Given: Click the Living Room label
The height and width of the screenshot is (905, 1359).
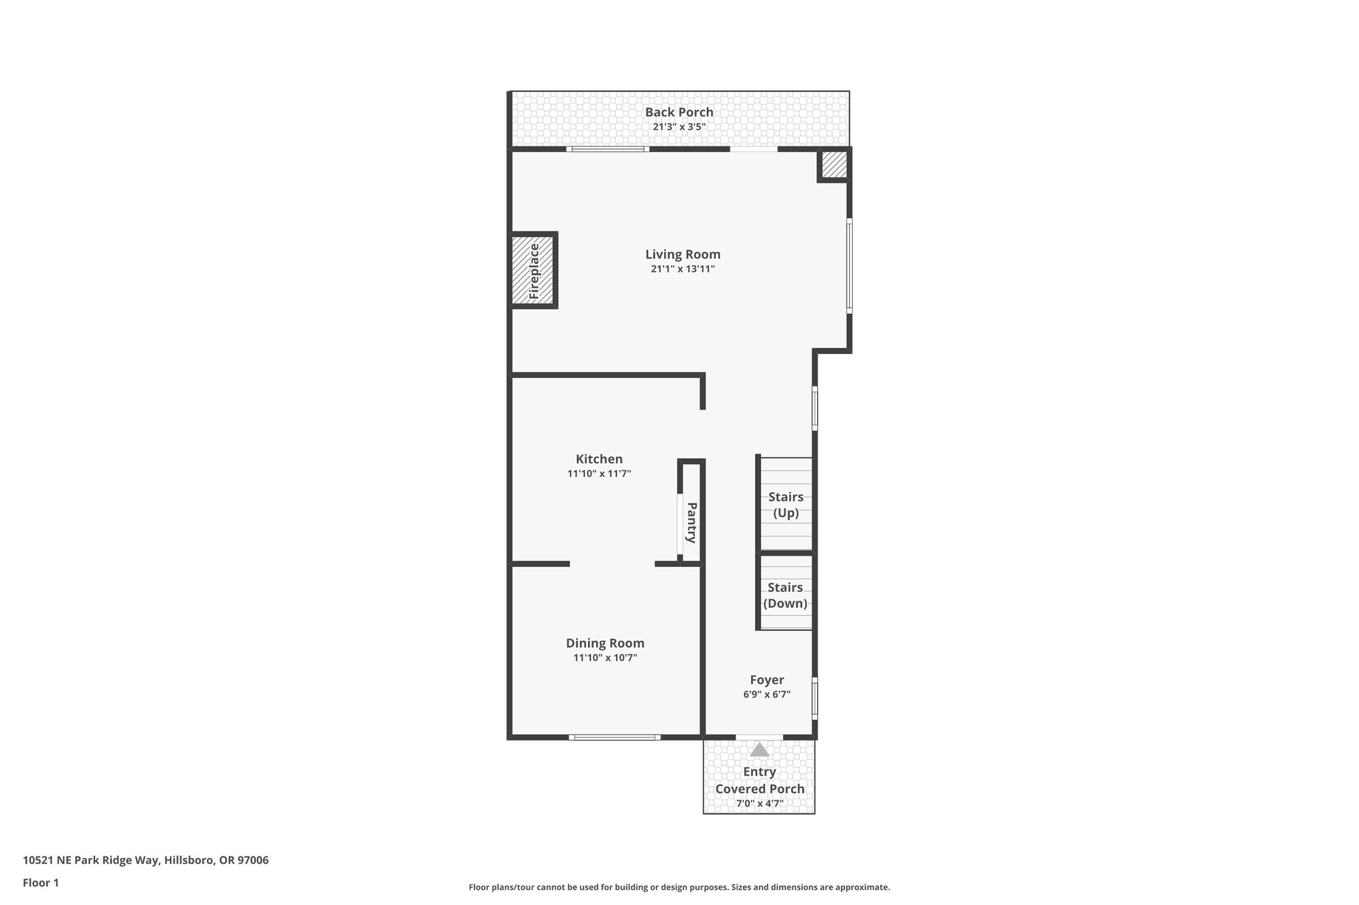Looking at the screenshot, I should point(683,255).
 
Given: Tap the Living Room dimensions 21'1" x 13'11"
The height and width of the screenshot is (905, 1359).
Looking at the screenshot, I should point(683,269).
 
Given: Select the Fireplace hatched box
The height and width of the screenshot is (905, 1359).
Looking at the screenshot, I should point(534,271).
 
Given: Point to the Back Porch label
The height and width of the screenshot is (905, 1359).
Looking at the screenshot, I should point(679,112).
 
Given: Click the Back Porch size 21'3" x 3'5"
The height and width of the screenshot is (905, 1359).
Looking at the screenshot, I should point(679,127).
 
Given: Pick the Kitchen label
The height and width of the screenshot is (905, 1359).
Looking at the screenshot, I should point(599,459).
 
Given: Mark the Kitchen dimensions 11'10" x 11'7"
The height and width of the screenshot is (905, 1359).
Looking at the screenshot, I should point(599,474).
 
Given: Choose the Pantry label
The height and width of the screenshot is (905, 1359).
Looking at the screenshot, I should point(691,522).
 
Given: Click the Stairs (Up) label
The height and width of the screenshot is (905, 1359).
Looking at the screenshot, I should point(786,505).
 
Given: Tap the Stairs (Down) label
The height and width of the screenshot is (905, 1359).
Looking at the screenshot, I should point(785,595).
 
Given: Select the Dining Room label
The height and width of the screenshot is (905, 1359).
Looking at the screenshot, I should point(605,643).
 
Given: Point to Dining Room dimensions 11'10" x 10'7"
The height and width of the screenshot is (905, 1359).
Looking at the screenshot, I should point(605,658).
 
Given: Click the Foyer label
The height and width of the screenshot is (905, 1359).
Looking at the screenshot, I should point(767,680).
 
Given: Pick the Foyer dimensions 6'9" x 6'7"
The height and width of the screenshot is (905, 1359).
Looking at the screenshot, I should point(767,695).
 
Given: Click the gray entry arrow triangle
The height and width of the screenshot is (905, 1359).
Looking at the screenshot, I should point(759,750).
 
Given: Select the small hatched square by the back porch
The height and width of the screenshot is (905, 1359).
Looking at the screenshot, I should point(834,164).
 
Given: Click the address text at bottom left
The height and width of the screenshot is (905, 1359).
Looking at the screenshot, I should point(146,861).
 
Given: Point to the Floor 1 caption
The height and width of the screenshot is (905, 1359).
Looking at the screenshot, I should point(41,882).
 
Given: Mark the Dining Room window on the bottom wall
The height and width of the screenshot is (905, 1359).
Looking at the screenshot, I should point(614,737).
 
